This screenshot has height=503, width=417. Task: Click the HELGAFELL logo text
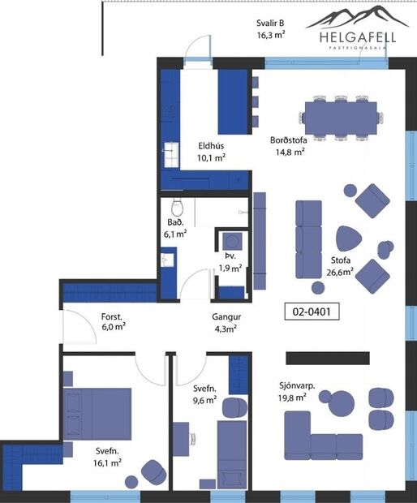pyautogui.click(x=346, y=37)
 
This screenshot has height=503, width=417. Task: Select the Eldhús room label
pyautogui.click(x=212, y=146)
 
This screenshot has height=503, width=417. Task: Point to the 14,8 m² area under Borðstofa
pyautogui.click(x=288, y=151)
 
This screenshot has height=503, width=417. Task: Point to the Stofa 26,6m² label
pyautogui.click(x=341, y=266)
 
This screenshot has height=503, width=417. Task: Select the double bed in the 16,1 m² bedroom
pyautogui.click(x=98, y=413)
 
